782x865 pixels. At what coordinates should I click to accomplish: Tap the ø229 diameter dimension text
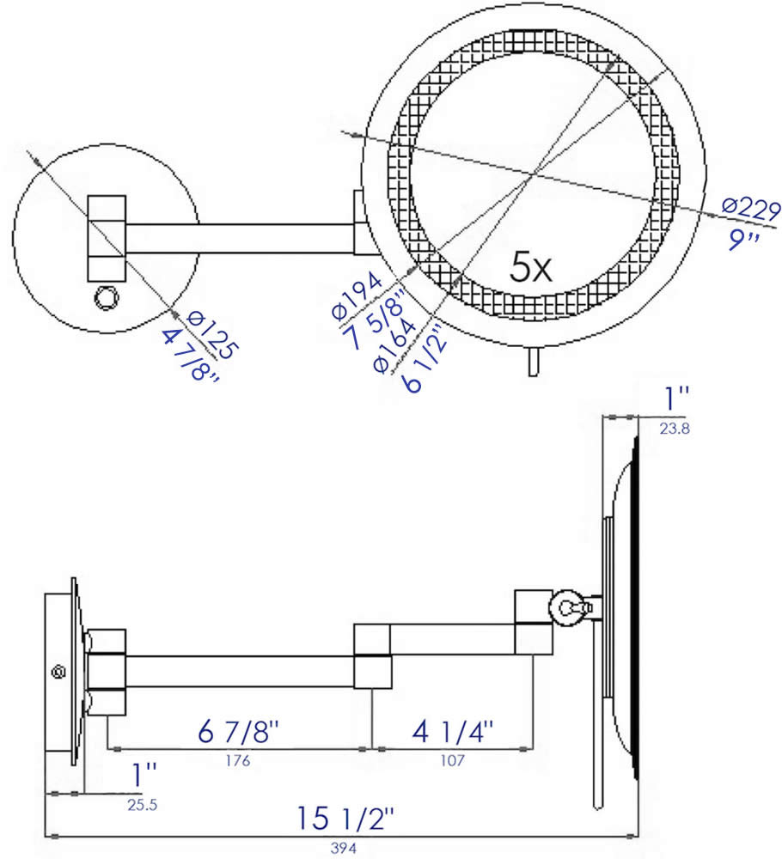tap(750, 209)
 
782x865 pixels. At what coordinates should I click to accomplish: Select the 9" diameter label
tap(744, 239)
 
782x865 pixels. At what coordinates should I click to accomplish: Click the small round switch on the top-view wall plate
tap(106, 297)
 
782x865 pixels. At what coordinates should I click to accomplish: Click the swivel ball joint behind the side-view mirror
tap(568, 608)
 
